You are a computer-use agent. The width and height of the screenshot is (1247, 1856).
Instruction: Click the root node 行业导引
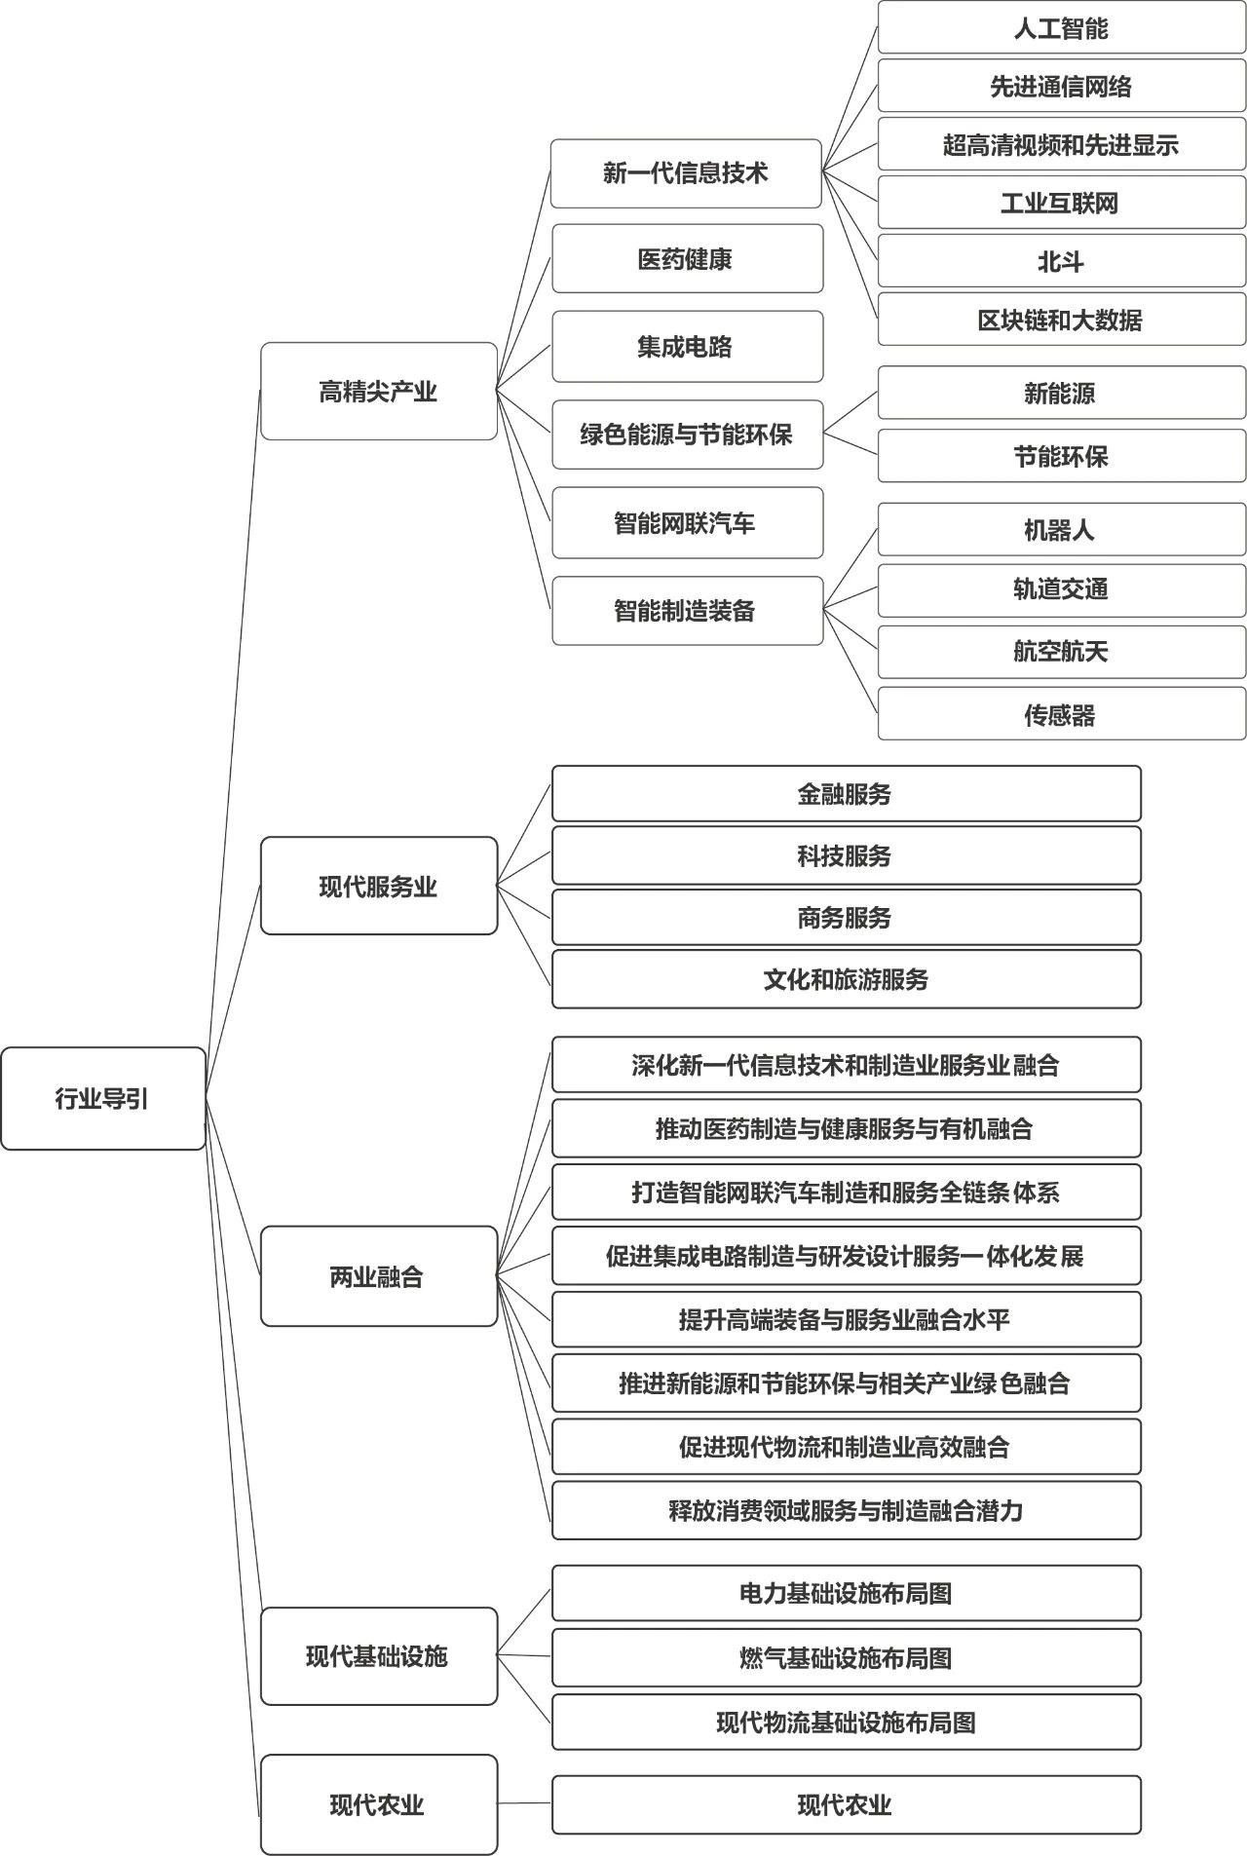click(x=103, y=1098)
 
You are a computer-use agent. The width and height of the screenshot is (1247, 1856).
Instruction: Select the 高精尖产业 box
click(x=379, y=391)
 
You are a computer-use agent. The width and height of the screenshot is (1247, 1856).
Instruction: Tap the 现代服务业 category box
click(x=379, y=886)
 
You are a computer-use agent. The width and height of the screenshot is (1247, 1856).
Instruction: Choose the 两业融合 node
click(x=379, y=1275)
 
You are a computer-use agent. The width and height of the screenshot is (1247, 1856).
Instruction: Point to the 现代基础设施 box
click(x=379, y=1655)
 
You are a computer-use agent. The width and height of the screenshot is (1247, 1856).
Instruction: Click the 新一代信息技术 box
click(x=686, y=173)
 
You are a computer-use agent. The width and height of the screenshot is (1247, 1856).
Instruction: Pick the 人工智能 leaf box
click(x=1061, y=28)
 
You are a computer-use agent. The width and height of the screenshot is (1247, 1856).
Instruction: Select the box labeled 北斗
click(x=1061, y=261)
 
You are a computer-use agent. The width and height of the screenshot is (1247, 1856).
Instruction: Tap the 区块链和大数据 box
click(x=1061, y=320)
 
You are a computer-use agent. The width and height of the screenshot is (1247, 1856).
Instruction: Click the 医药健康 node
click(x=687, y=259)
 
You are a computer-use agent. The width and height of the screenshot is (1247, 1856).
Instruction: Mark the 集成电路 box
click(x=687, y=347)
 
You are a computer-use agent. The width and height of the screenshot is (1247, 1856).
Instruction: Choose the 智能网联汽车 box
click(x=687, y=523)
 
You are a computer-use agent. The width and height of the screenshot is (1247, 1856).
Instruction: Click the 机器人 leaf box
click(x=1061, y=530)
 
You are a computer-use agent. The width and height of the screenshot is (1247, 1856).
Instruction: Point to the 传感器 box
click(x=1061, y=714)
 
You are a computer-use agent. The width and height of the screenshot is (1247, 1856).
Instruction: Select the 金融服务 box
click(x=846, y=794)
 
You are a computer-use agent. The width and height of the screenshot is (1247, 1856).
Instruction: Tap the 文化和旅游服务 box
click(x=846, y=979)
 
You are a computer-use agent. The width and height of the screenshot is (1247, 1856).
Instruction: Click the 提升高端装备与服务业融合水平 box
click(x=846, y=1319)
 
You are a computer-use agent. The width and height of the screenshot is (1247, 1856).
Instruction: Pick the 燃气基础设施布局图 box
click(x=846, y=1657)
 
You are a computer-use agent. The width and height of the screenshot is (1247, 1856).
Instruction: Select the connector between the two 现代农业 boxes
click(x=524, y=1803)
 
